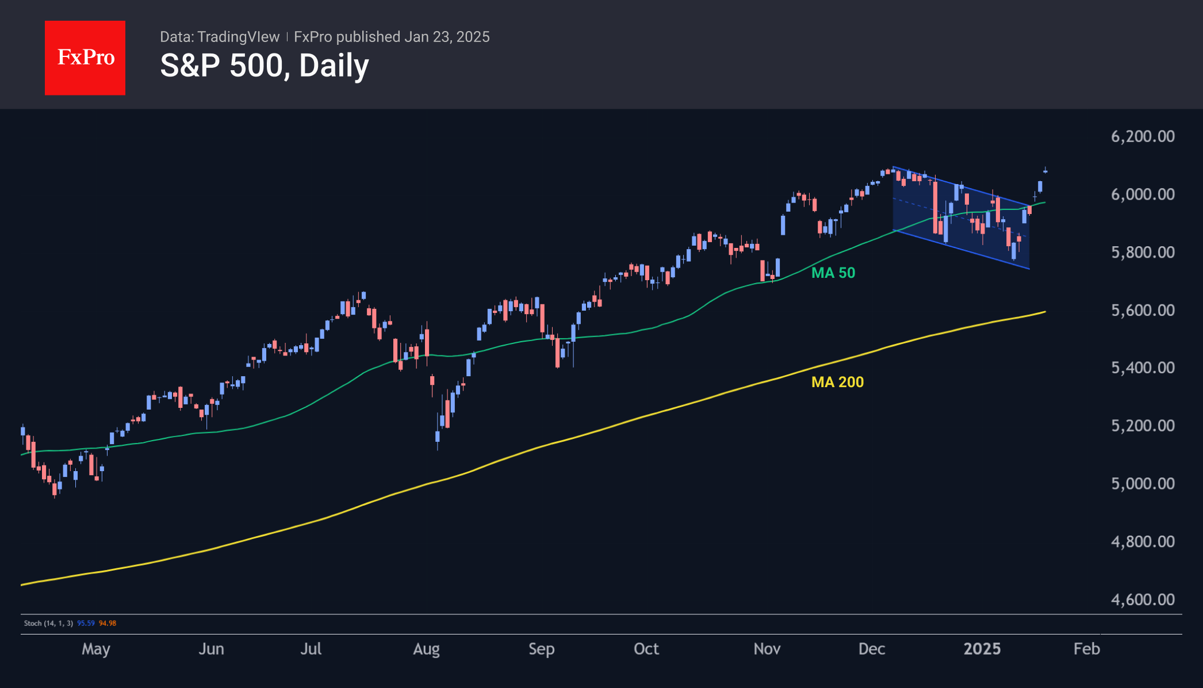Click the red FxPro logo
(85, 58)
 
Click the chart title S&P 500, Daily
(264, 66)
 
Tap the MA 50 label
(833, 273)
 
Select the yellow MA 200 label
(837, 382)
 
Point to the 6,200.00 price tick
(1142, 136)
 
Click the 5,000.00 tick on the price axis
(1142, 483)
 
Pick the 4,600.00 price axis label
(1142, 599)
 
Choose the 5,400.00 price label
(1142, 368)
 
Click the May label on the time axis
(95, 649)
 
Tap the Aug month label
(426, 649)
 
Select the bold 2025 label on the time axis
(982, 649)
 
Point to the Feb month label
(1086, 649)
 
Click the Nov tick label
(767, 649)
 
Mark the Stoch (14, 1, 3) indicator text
(48, 623)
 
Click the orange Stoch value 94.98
(108, 623)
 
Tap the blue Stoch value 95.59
(86, 623)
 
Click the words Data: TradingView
(219, 37)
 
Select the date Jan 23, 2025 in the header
(447, 37)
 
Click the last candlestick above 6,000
(1045, 171)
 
